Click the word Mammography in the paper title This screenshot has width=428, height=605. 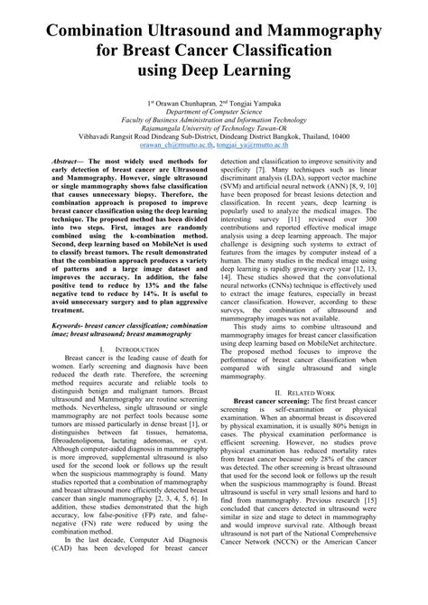[330, 33]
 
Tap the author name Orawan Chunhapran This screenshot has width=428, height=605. [190, 105]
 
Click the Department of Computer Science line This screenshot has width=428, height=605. [214, 115]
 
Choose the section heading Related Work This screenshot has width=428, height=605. [316, 395]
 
